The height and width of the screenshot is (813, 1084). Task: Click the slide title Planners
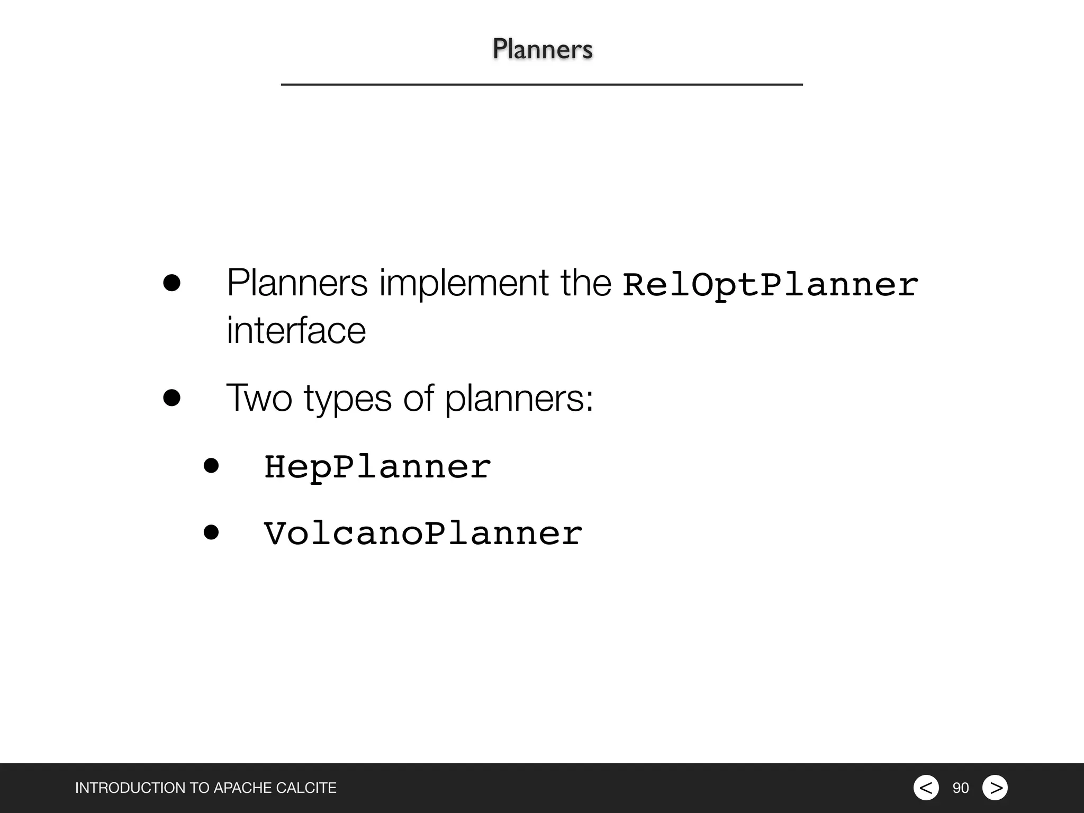coord(542,49)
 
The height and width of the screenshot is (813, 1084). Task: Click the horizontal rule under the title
coord(541,84)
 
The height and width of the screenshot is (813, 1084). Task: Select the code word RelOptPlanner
coord(770,285)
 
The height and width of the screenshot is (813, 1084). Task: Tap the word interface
coord(296,330)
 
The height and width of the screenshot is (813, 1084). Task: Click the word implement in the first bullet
coord(464,283)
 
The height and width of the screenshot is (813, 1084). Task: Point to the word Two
coord(259,398)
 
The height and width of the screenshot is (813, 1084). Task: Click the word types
coord(347,398)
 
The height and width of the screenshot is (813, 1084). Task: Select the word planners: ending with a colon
coord(519,398)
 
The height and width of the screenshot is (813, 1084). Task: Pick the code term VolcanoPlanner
coord(423,534)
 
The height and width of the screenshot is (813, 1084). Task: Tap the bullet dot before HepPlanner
coord(211,466)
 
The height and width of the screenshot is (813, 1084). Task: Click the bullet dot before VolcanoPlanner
coord(211,532)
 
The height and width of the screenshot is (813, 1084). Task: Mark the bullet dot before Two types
coord(171,398)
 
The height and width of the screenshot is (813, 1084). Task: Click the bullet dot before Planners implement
coord(171,283)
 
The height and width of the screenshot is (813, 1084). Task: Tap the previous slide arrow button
coord(926,788)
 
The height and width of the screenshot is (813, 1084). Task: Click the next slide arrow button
coord(995,788)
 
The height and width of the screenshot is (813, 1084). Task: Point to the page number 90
coord(961,788)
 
